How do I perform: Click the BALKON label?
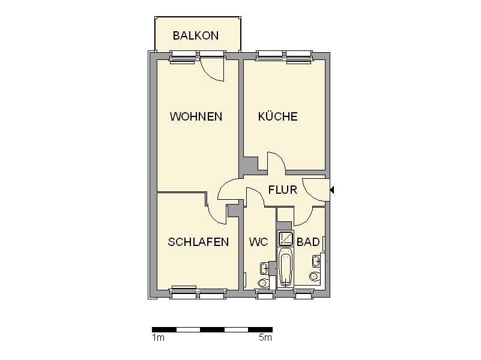tap(196, 35)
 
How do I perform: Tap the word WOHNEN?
tap(196, 116)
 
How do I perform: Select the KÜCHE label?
tap(277, 116)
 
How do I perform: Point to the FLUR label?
tap(283, 190)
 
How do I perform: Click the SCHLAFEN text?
tap(198, 242)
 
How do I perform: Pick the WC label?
tap(259, 242)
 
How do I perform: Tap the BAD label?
tap(307, 242)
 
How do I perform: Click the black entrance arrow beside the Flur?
tap(332, 190)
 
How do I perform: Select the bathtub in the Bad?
tap(286, 269)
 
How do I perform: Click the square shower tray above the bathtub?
tap(285, 238)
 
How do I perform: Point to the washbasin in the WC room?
tap(264, 267)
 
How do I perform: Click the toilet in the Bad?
tap(314, 277)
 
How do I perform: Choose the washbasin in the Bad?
tap(316, 261)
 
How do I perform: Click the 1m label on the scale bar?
tap(158, 338)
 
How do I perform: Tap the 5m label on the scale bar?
tap(265, 338)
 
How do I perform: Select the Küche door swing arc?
tap(276, 163)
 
